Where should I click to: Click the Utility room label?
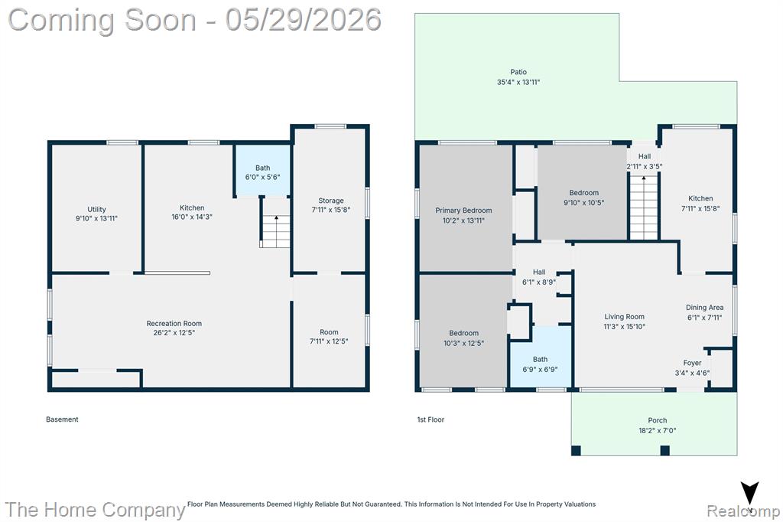96,210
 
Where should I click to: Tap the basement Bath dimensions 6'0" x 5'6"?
263,177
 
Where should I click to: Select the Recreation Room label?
174,324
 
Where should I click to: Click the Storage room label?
331,201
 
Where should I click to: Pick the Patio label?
518,72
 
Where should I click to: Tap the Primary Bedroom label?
463,210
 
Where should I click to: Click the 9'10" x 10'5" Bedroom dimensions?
583,203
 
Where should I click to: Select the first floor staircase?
644,207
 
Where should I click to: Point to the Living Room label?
624,317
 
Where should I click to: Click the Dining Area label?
704,308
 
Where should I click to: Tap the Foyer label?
692,363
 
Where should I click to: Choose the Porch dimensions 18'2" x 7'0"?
657,430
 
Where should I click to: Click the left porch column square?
576,451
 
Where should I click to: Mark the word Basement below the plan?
62,419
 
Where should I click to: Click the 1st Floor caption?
430,419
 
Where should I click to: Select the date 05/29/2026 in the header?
303,19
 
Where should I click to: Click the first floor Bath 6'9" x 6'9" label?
540,364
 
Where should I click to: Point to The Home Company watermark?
95,510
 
